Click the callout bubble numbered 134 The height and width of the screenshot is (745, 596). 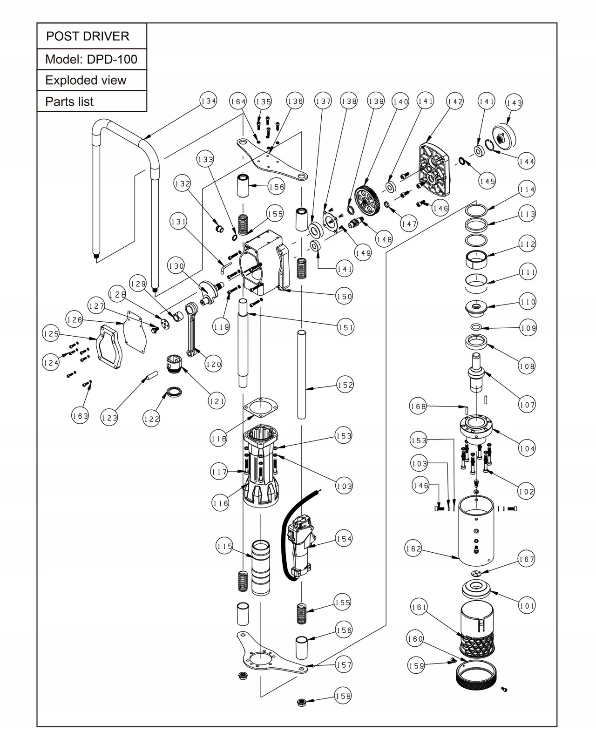(209, 101)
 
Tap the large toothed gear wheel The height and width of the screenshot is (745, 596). (368, 199)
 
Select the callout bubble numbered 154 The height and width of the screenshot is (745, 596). (344, 539)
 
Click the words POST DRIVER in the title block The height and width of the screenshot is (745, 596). (88, 36)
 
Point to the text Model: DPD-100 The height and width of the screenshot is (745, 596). (91, 60)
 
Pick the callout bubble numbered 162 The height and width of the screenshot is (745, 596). (413, 549)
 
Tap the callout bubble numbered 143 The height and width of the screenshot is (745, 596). (514, 103)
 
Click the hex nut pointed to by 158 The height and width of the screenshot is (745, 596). (301, 701)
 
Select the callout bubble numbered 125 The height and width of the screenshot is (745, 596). (51, 334)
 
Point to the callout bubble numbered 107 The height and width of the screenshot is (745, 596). (527, 405)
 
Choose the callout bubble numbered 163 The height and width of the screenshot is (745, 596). (80, 415)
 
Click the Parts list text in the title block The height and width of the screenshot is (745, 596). (69, 102)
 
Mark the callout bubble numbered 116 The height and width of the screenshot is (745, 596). (220, 503)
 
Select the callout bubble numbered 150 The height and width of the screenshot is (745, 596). (344, 296)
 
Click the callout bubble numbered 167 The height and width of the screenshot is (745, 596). (526, 559)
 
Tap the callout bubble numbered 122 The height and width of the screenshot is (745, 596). (151, 419)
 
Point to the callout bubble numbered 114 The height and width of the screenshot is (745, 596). (527, 190)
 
